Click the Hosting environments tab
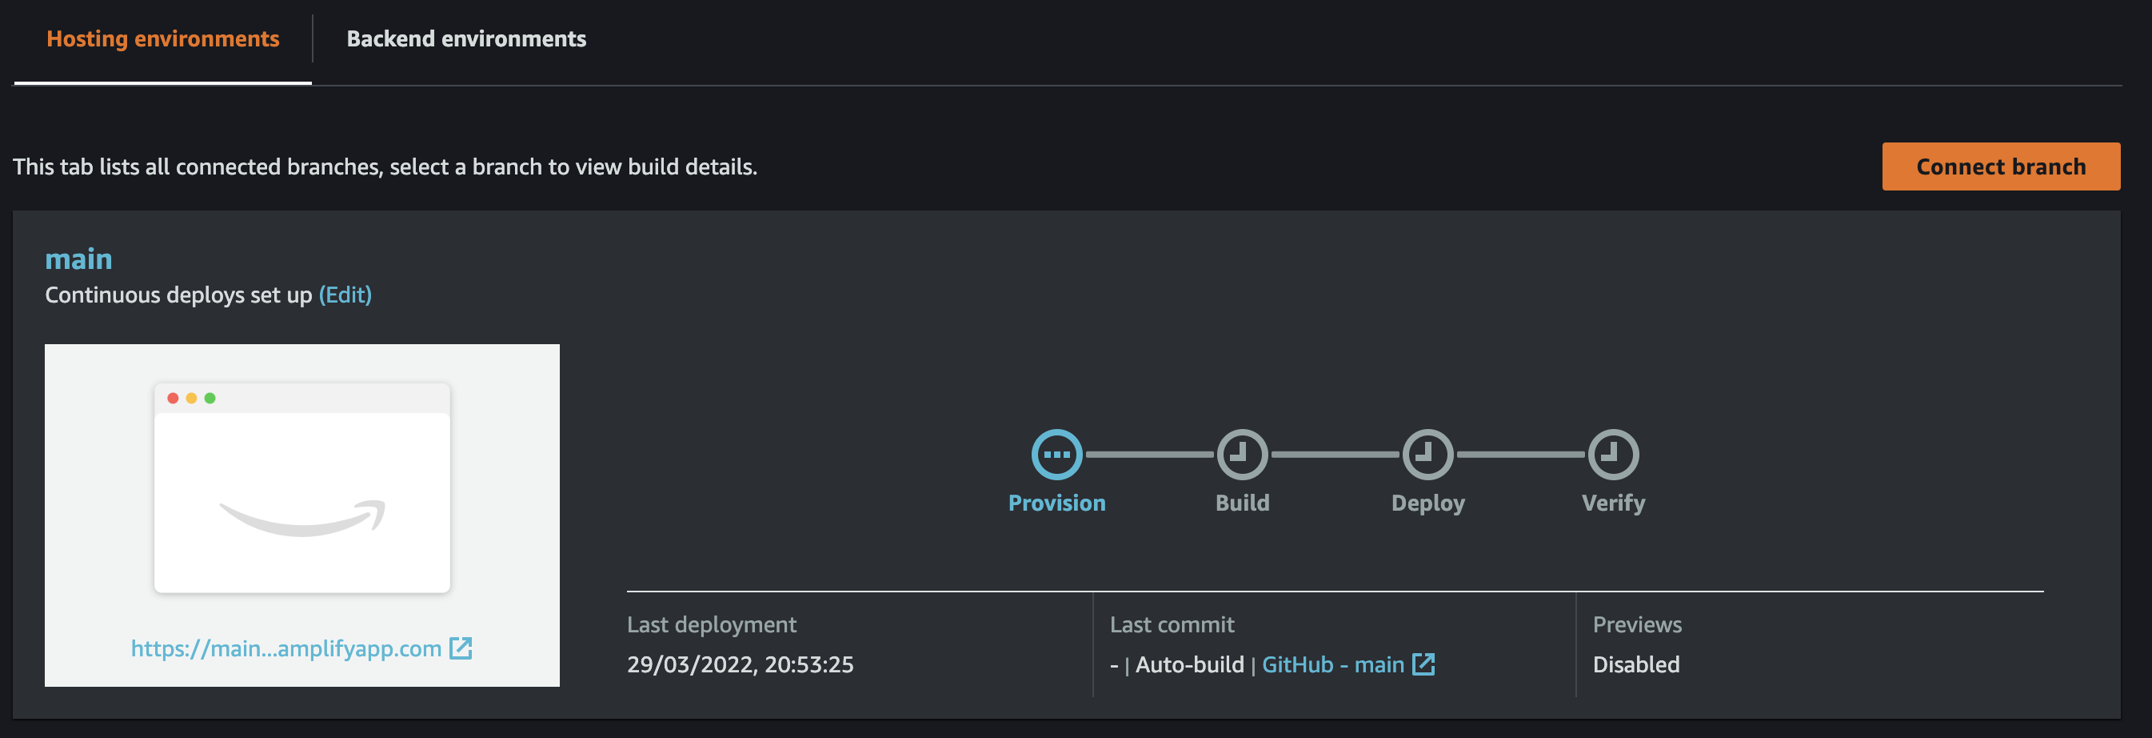163,39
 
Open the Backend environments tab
466,39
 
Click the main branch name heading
78,259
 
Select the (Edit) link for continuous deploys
345,295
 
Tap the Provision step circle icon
1056,454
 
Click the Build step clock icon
1242,454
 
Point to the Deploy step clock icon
1427,454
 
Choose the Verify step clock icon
1613,454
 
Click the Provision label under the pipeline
1056,503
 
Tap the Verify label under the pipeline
1613,503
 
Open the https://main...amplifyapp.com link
285,648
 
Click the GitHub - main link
1332,664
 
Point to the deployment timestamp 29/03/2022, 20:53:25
741,664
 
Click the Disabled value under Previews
1635,664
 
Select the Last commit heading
1172,624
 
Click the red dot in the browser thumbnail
173,398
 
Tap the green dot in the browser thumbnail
210,398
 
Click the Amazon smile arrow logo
302,518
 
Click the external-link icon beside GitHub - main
1423,664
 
